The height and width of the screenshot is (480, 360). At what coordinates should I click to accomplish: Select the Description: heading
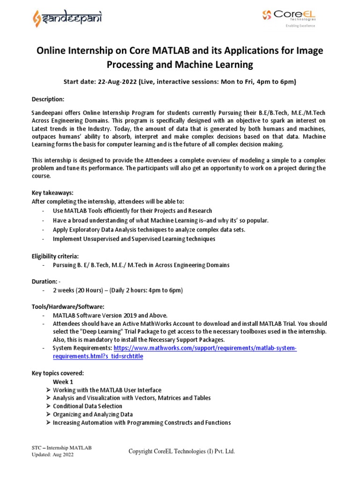(48, 100)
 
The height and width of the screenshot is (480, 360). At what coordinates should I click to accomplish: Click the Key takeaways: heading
(52, 193)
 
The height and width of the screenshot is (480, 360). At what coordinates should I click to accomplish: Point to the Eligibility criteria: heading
(55, 256)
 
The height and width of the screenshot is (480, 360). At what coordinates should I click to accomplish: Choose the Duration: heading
(45, 282)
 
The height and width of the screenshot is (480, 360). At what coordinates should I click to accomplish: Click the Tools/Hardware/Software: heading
(68, 307)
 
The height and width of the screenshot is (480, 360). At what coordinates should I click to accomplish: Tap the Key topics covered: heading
(58, 374)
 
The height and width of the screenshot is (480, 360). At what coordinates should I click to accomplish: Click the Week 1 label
(63, 382)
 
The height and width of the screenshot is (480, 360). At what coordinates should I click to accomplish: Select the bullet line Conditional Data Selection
(88, 406)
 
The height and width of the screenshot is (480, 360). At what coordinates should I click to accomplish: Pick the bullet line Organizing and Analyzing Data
(93, 414)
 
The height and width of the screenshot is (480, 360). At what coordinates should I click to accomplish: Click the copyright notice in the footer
(182, 451)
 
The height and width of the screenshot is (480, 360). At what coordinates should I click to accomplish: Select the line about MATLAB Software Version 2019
(110, 315)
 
